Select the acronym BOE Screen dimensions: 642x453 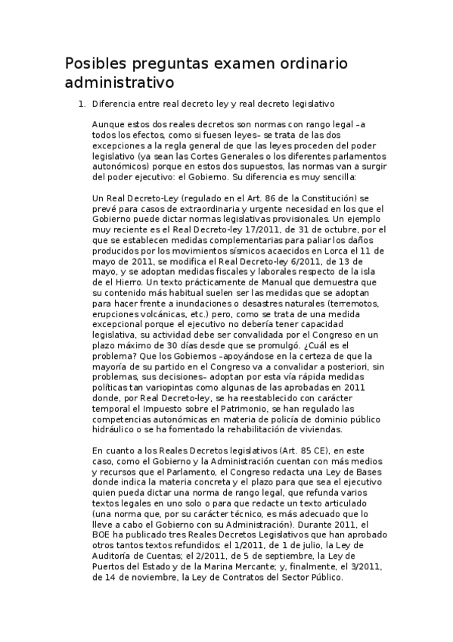coord(103,534)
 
